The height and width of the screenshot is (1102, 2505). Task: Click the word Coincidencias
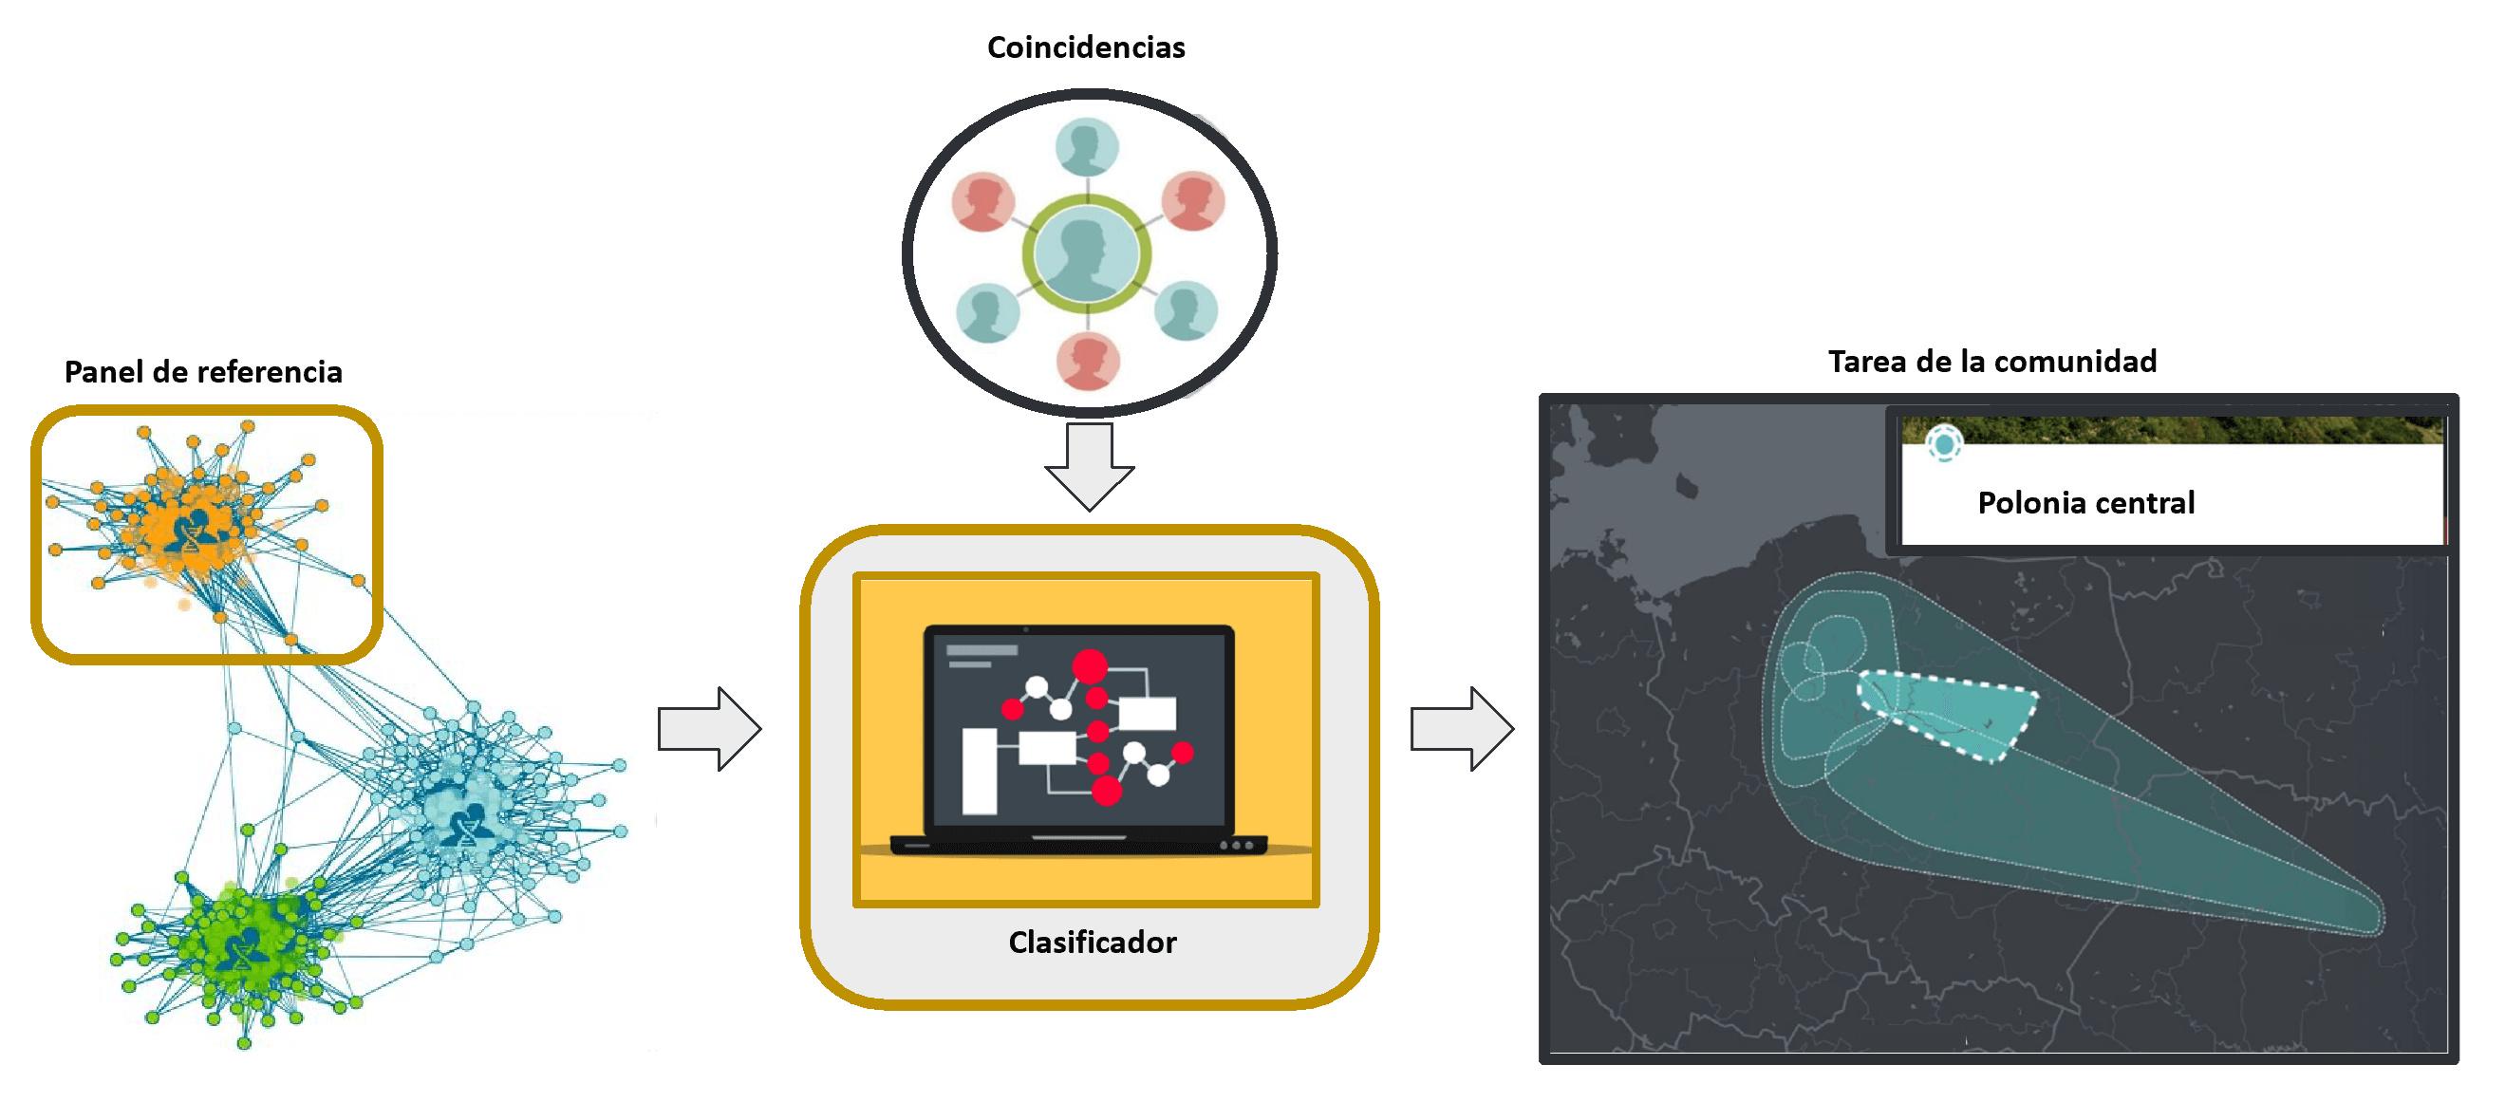pos(1085,47)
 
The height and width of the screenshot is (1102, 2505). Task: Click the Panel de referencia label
pos(203,371)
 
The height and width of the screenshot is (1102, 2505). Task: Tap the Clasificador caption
pos(1092,942)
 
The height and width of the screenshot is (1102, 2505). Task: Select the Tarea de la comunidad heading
pos(1991,361)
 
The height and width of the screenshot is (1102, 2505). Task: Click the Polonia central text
pos(2085,502)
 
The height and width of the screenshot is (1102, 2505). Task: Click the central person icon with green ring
pos(1086,253)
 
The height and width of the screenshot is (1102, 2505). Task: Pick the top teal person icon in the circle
pos(1086,147)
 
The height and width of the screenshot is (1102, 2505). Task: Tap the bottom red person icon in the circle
pos(1088,361)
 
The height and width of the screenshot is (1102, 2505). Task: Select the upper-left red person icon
pos(983,201)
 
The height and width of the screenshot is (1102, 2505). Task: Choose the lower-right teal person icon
pos(1186,310)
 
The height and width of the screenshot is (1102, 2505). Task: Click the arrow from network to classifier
pos(709,729)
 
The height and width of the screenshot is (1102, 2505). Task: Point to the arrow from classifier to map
pos(1462,729)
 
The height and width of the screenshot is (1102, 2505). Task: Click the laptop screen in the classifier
pos(1079,730)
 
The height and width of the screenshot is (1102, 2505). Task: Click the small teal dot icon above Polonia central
pos(1944,444)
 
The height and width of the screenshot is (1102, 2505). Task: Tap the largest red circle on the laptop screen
pos(1089,666)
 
